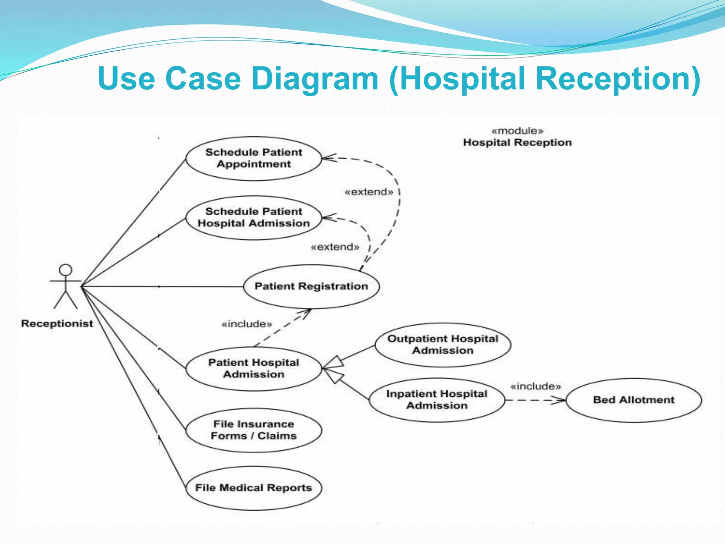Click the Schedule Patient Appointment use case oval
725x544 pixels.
253,158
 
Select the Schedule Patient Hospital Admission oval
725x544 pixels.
253,217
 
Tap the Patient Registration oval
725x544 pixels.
311,286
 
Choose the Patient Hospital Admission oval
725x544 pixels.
253,368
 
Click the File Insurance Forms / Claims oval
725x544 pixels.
253,430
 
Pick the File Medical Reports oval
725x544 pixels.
253,488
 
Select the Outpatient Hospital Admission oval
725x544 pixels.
443,345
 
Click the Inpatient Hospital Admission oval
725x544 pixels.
436,399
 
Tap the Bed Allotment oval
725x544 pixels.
634,400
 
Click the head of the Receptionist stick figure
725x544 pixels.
65,270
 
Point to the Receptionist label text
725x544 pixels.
57,323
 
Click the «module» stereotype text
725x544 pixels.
517,131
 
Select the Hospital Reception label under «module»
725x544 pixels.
517,142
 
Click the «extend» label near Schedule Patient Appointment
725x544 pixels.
369,192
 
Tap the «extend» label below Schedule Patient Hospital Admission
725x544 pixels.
335,247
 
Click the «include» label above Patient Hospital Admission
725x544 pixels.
247,324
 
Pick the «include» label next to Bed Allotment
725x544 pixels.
536,386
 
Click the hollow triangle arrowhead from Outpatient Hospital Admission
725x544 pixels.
334,363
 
